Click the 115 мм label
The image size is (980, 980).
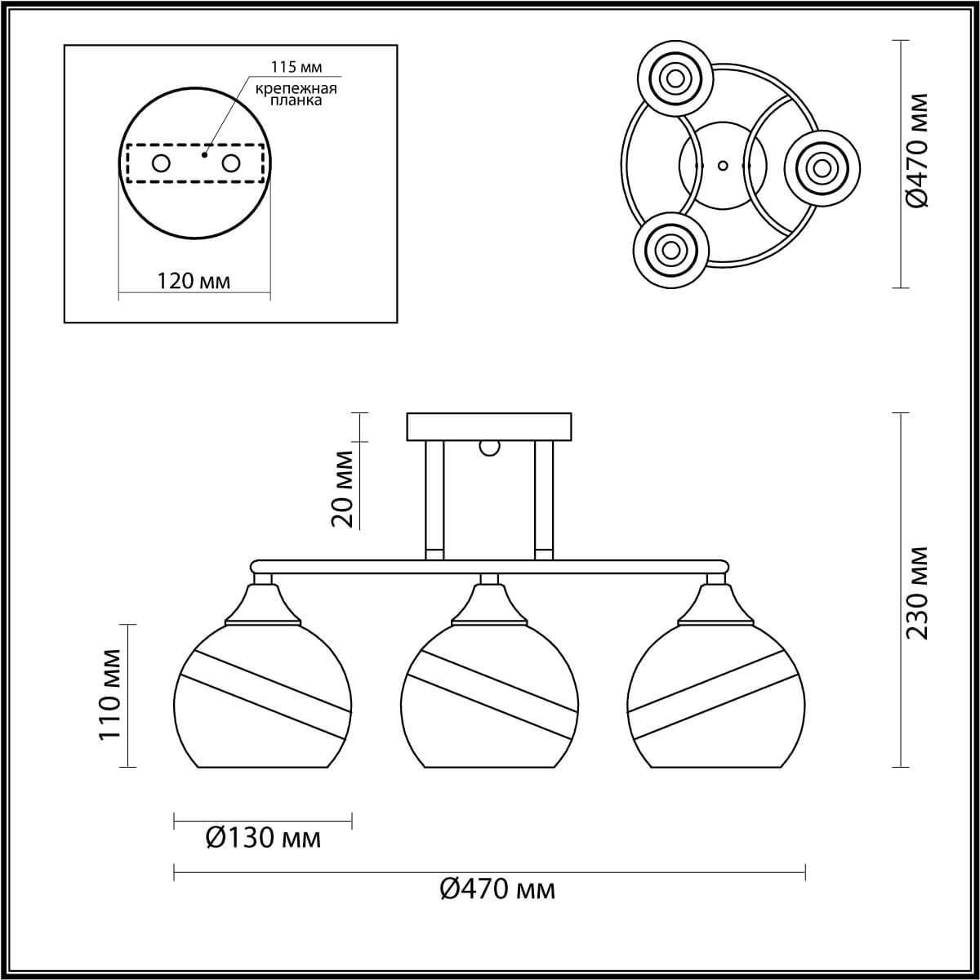click(296, 67)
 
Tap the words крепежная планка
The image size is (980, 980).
click(296, 95)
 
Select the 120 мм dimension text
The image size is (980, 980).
click(194, 281)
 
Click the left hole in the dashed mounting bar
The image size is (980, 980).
click(161, 164)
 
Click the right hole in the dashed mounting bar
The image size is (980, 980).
click(230, 164)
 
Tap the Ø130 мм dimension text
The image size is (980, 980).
click(264, 838)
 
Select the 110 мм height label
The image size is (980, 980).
click(110, 694)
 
